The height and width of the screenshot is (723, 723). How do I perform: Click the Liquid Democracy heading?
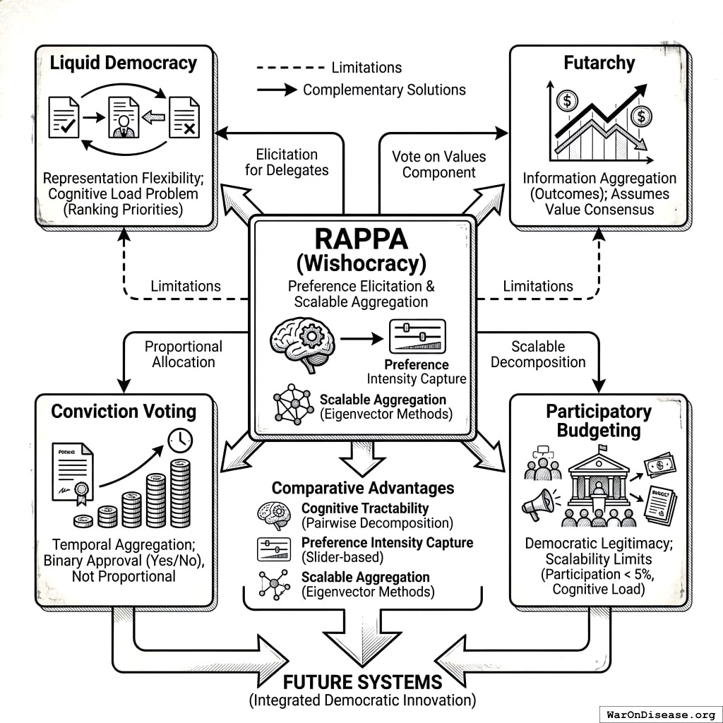(x=124, y=63)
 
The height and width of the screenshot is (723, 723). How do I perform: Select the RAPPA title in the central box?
(x=362, y=239)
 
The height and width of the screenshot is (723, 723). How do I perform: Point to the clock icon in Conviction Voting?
(x=181, y=440)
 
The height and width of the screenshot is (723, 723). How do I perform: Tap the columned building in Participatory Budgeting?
(x=599, y=486)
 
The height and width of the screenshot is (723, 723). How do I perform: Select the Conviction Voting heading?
(x=124, y=411)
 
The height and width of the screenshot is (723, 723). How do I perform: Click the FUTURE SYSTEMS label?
(x=362, y=682)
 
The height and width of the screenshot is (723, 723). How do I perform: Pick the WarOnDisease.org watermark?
(x=659, y=713)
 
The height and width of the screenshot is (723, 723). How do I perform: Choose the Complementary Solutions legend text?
(x=384, y=90)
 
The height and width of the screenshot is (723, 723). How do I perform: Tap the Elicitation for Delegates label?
(x=287, y=162)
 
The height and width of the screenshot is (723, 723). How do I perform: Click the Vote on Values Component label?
(x=439, y=164)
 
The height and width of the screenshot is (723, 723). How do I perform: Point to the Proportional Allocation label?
(x=183, y=354)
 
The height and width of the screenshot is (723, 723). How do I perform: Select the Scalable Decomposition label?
(x=538, y=354)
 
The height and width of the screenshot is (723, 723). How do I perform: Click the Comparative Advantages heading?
(x=363, y=488)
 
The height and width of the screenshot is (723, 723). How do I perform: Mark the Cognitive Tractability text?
(x=365, y=508)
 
